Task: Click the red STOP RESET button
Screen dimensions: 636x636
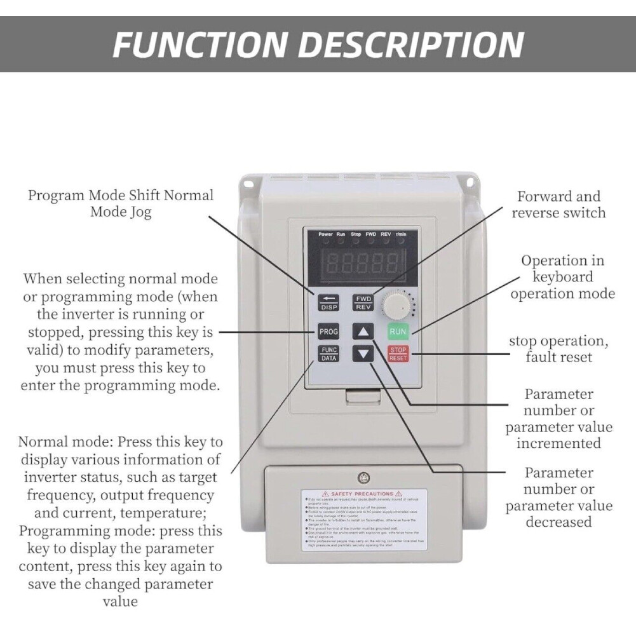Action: (398, 354)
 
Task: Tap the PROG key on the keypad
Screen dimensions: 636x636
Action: (328, 332)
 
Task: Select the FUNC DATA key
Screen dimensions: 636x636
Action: (328, 354)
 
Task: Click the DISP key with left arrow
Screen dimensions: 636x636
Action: (328, 302)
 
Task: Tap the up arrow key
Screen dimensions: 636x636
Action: (363, 332)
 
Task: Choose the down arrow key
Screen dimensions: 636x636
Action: (363, 354)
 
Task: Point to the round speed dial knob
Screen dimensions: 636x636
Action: (396, 308)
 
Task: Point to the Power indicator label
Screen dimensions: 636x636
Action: (325, 234)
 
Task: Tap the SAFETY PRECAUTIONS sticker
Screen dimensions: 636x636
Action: (363, 519)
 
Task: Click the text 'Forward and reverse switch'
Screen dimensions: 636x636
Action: (558, 205)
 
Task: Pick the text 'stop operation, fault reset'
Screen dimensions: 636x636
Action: (558, 349)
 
